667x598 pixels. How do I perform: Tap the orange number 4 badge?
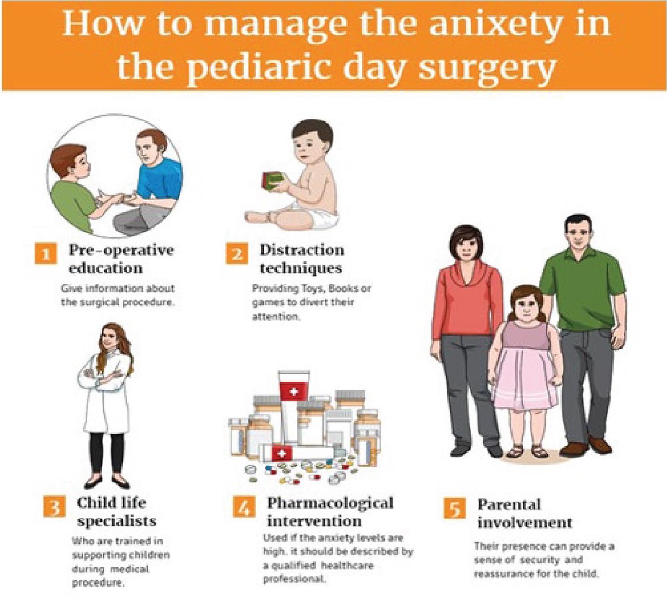click(244, 508)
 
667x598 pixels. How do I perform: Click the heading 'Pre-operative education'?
click(121, 259)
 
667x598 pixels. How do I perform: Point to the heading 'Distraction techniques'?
click(301, 259)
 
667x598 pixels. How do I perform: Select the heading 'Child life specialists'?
click(116, 512)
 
